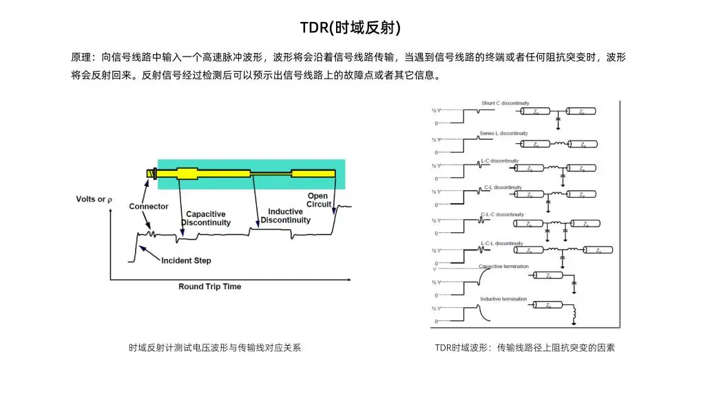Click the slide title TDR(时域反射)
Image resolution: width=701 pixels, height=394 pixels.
pos(350,28)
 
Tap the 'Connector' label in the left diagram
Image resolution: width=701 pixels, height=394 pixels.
pos(149,207)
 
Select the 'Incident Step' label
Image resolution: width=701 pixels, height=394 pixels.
pos(186,260)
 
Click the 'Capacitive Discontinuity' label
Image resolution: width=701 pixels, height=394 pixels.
pos(206,218)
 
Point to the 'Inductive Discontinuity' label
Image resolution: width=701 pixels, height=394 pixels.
pos(285,216)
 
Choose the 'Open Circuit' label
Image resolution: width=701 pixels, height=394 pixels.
pos(318,200)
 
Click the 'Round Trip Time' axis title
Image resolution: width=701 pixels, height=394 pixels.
pos(210,287)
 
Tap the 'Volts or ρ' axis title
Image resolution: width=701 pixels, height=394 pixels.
pos(94,200)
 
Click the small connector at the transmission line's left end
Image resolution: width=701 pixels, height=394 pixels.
pos(150,173)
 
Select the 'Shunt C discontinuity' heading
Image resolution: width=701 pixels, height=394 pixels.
pos(505,103)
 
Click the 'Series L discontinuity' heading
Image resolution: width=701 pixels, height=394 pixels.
pos(504,133)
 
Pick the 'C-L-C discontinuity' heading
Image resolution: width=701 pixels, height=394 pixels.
pos(502,214)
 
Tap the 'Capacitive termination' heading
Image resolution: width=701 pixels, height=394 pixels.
pos(504,266)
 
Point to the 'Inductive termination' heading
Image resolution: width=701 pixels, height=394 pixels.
pos(503,299)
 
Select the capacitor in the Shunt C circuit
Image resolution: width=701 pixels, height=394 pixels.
pos(557,121)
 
